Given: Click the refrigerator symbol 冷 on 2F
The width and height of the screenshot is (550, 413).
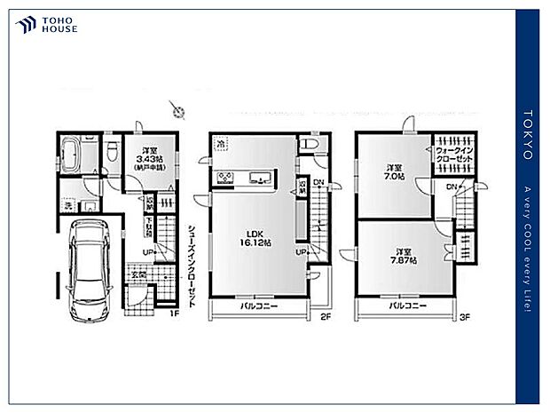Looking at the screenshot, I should (217, 141).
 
